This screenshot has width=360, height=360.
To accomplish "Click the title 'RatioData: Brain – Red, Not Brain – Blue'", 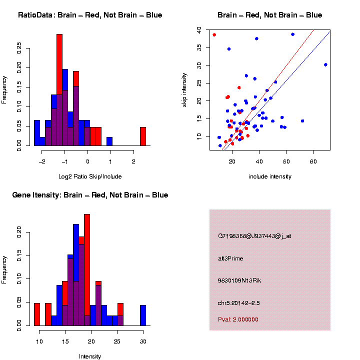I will (90, 15).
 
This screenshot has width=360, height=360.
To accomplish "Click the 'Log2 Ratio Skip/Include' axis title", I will (90, 176).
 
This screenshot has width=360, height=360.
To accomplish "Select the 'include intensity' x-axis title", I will (270, 176).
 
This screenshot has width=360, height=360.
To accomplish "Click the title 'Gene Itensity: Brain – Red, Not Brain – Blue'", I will (90, 195).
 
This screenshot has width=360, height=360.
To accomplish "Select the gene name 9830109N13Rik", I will (239, 280).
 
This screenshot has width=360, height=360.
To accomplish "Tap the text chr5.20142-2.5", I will (238, 303).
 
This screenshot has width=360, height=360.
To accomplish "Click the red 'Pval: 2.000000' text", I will (238, 319).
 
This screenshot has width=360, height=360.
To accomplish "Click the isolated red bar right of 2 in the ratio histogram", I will (143, 136).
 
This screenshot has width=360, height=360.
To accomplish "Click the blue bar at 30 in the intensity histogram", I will (143, 315).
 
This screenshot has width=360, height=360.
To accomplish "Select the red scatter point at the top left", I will (214, 34).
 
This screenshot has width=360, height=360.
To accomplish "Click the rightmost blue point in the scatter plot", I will (325, 64).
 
